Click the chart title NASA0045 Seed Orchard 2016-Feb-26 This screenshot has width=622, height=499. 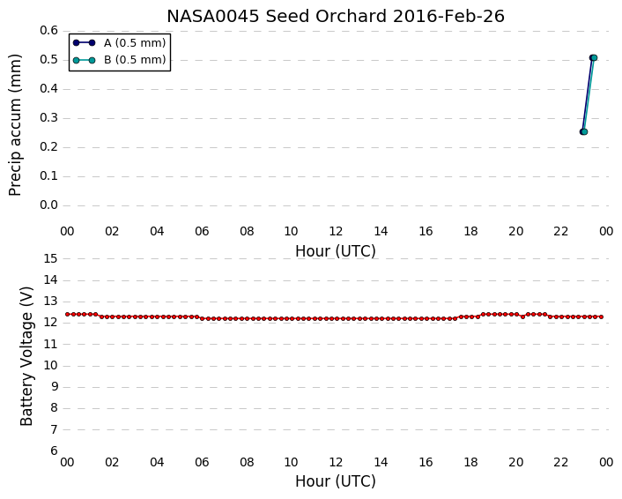(x=336, y=17)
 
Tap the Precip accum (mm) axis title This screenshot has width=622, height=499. (x=15, y=125)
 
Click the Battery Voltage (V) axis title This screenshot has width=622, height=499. (x=26, y=355)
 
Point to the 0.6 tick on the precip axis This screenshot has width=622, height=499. (x=48, y=31)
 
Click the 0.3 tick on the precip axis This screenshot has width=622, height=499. (x=48, y=118)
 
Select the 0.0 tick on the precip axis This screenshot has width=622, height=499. (x=48, y=205)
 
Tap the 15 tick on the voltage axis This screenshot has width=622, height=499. (x=50, y=258)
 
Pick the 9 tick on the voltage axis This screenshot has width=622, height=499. (x=54, y=387)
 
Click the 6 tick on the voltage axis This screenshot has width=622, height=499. (x=54, y=451)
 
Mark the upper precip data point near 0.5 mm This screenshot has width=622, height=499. (x=594, y=58)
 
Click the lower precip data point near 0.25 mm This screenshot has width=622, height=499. (x=583, y=131)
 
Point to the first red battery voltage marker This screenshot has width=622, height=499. (x=68, y=315)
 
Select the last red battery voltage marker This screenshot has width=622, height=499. (x=602, y=317)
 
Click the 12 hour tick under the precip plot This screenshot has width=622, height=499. (x=336, y=232)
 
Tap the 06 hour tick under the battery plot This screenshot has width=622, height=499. (x=202, y=463)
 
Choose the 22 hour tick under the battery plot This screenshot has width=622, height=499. (x=560, y=463)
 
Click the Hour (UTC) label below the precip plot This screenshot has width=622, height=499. (x=336, y=251)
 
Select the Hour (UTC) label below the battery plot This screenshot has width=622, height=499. (x=336, y=481)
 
